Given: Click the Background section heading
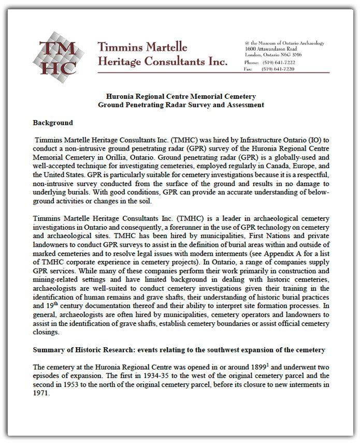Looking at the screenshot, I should pos(53,123).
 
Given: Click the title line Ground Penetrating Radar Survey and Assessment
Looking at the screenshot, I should pos(181,105).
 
